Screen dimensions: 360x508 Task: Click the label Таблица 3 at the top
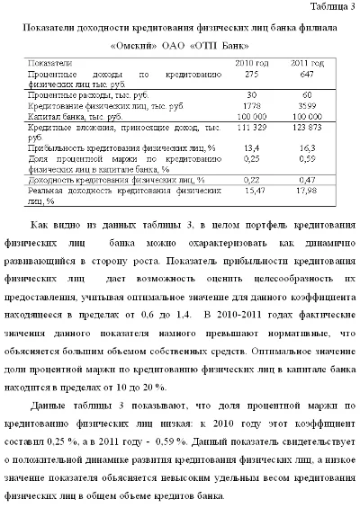click(328, 7)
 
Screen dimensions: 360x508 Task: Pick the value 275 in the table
click(252, 75)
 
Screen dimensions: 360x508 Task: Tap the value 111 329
click(252, 130)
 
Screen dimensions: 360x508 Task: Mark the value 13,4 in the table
click(252, 146)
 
